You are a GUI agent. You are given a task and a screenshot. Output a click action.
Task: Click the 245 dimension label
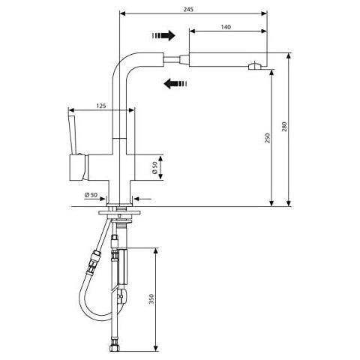(x=188, y=10)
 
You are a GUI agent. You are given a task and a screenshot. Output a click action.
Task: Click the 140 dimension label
(x=226, y=27)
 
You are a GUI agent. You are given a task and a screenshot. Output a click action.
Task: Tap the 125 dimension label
(x=101, y=106)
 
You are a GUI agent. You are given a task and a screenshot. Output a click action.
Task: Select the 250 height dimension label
(x=268, y=138)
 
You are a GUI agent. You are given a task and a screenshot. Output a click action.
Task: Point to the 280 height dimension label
(x=284, y=127)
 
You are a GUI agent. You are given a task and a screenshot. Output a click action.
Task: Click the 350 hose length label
(x=151, y=299)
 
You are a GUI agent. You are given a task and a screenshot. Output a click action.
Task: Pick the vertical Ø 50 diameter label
(x=154, y=167)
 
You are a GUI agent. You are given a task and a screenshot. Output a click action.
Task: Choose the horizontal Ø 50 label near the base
(x=91, y=195)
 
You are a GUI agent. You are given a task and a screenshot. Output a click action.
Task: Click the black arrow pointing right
(x=163, y=35)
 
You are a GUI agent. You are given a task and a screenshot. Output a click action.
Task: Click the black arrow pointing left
(x=175, y=83)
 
